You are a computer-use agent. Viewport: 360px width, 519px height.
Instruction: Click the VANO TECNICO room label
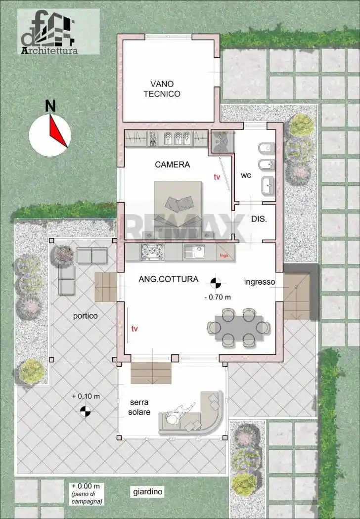click(162, 88)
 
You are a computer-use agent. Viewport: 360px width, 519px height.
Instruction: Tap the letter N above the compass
click(50, 106)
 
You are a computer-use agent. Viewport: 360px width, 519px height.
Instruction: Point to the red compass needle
click(58, 131)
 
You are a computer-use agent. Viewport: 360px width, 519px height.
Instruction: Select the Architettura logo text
click(49, 50)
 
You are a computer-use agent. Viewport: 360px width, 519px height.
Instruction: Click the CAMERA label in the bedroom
click(172, 165)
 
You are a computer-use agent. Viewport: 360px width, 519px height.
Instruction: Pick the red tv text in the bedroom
click(217, 176)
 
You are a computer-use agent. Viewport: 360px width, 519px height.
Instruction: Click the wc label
click(246, 175)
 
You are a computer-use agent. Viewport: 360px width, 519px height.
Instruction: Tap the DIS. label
click(259, 219)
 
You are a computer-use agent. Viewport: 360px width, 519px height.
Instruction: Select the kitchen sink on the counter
click(193, 252)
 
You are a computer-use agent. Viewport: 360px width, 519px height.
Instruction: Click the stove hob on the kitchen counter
click(152, 252)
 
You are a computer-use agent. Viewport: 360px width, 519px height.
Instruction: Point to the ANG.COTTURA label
click(168, 279)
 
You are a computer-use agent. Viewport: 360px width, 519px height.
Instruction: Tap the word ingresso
click(259, 282)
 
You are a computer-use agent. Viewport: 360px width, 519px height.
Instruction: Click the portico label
click(86, 315)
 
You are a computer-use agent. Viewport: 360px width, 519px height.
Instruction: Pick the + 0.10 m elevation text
click(86, 396)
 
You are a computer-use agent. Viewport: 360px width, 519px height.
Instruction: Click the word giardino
click(148, 492)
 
